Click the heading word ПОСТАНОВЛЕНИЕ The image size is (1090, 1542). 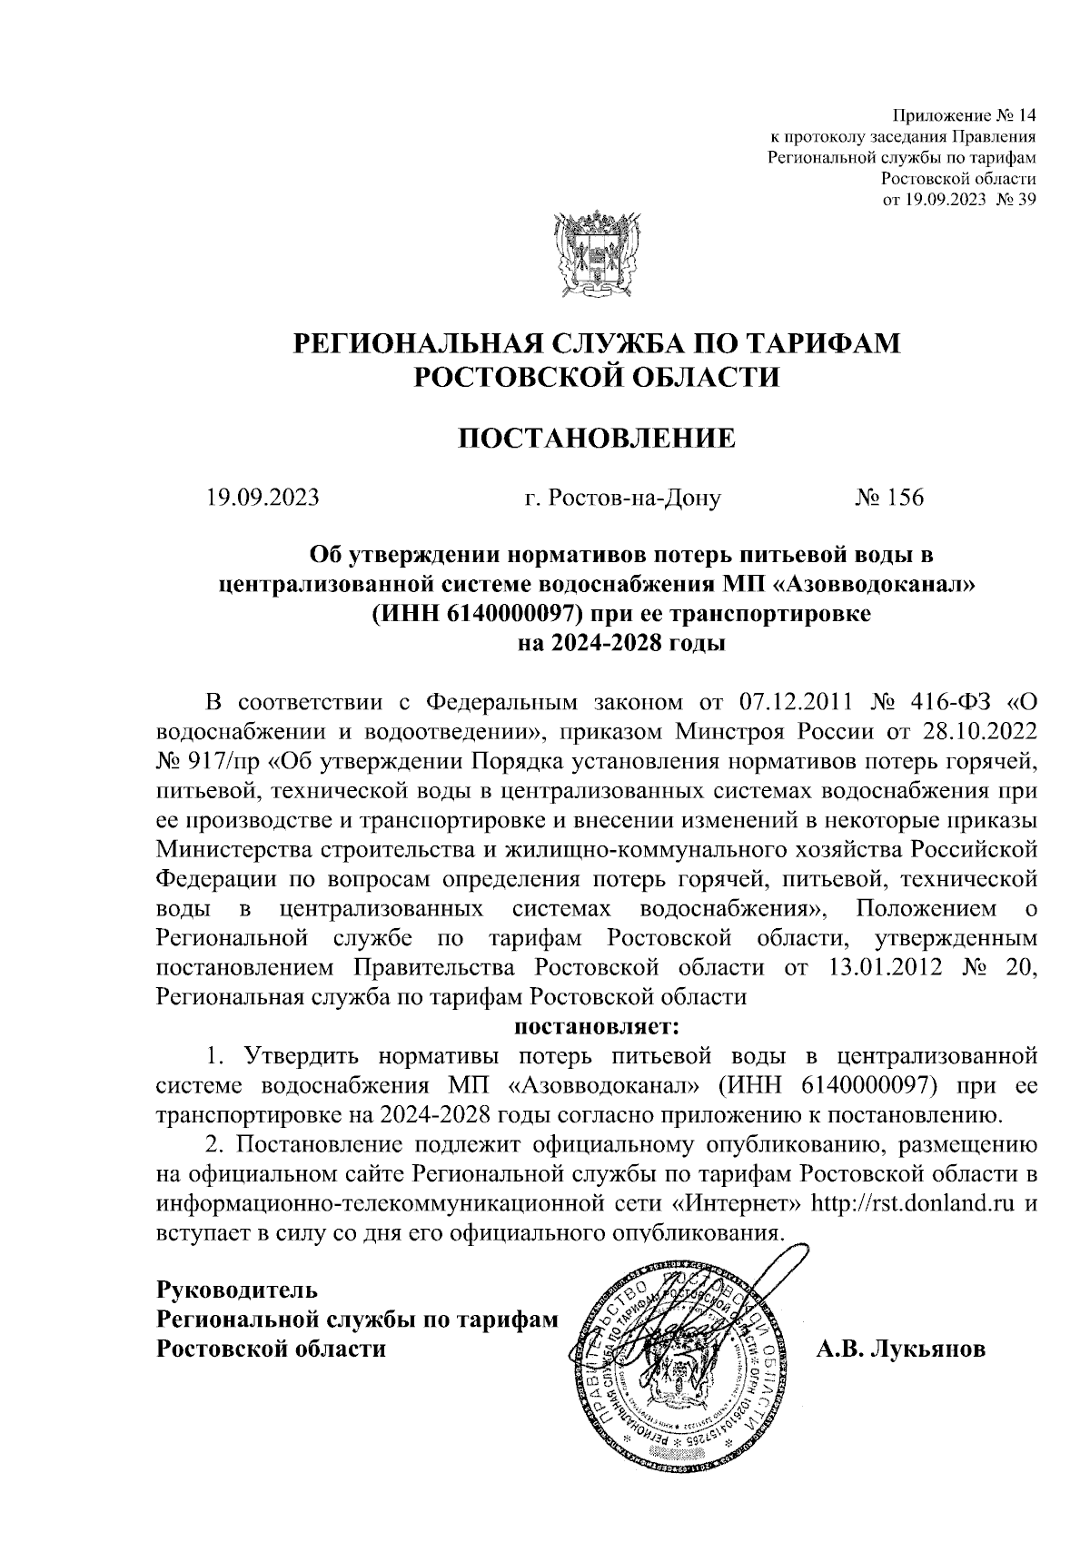[596, 440]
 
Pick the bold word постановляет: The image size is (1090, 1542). [597, 1029]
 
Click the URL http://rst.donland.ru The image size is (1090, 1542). [913, 1204]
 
